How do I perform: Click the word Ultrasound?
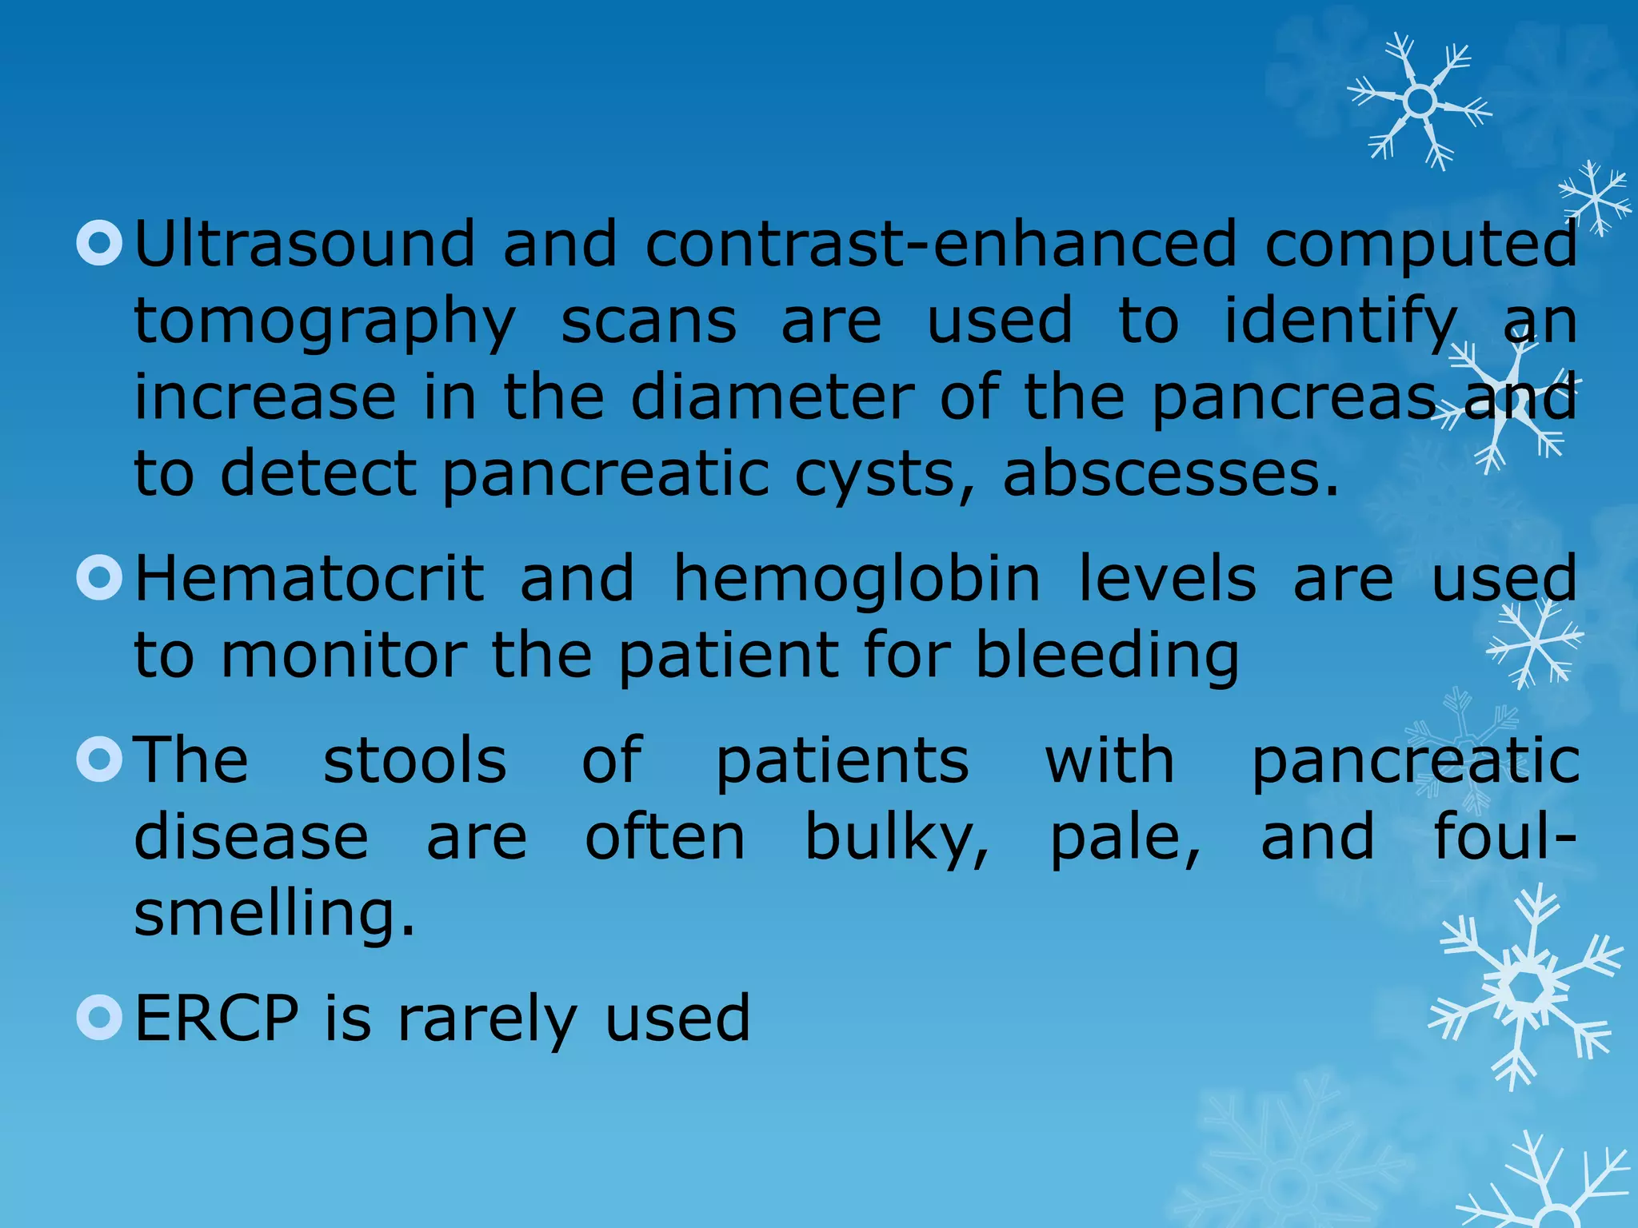click(x=305, y=244)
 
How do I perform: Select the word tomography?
click(x=325, y=321)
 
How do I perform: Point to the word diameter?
click(x=772, y=397)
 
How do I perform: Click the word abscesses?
click(x=1169, y=474)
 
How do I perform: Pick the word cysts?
click(x=885, y=476)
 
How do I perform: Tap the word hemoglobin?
click(x=857, y=578)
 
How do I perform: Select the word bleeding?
click(x=1107, y=656)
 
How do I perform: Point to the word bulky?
click(x=896, y=837)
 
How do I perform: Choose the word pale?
click(x=1125, y=837)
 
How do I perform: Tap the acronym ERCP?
click(x=216, y=1018)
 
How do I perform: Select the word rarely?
click(x=486, y=1019)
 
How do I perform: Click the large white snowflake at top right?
click(x=1420, y=102)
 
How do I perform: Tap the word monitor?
click(x=344, y=656)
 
